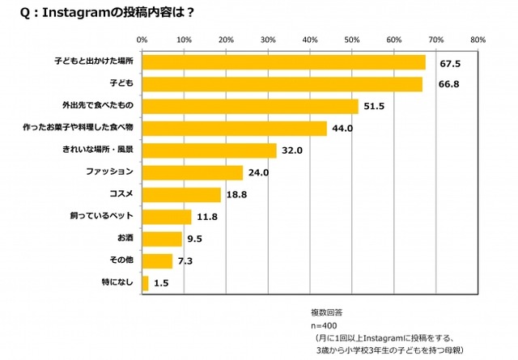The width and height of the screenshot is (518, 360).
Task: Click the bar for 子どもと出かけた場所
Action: click(283, 62)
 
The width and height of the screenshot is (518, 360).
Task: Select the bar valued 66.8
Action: click(282, 84)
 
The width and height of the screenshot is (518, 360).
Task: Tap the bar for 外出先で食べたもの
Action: click(250, 106)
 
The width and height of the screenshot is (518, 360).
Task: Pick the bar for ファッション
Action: click(193, 172)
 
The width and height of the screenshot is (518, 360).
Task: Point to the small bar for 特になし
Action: click(146, 283)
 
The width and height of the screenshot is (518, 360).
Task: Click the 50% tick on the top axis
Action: click(351, 38)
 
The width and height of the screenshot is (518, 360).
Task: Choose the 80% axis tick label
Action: click(477, 38)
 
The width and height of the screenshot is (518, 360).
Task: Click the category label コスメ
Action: click(121, 195)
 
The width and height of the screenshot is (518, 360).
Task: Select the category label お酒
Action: click(125, 239)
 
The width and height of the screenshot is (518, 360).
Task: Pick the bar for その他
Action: click(157, 261)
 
